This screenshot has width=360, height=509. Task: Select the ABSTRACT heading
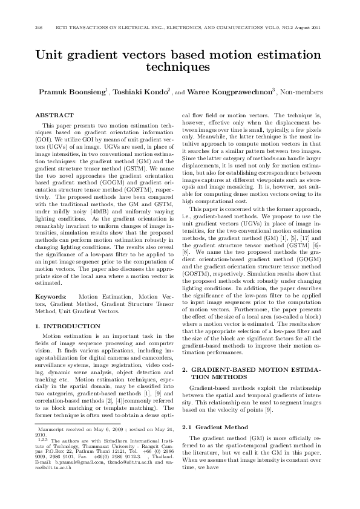tap(54, 115)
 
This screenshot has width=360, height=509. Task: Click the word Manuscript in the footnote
tap(54, 427)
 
